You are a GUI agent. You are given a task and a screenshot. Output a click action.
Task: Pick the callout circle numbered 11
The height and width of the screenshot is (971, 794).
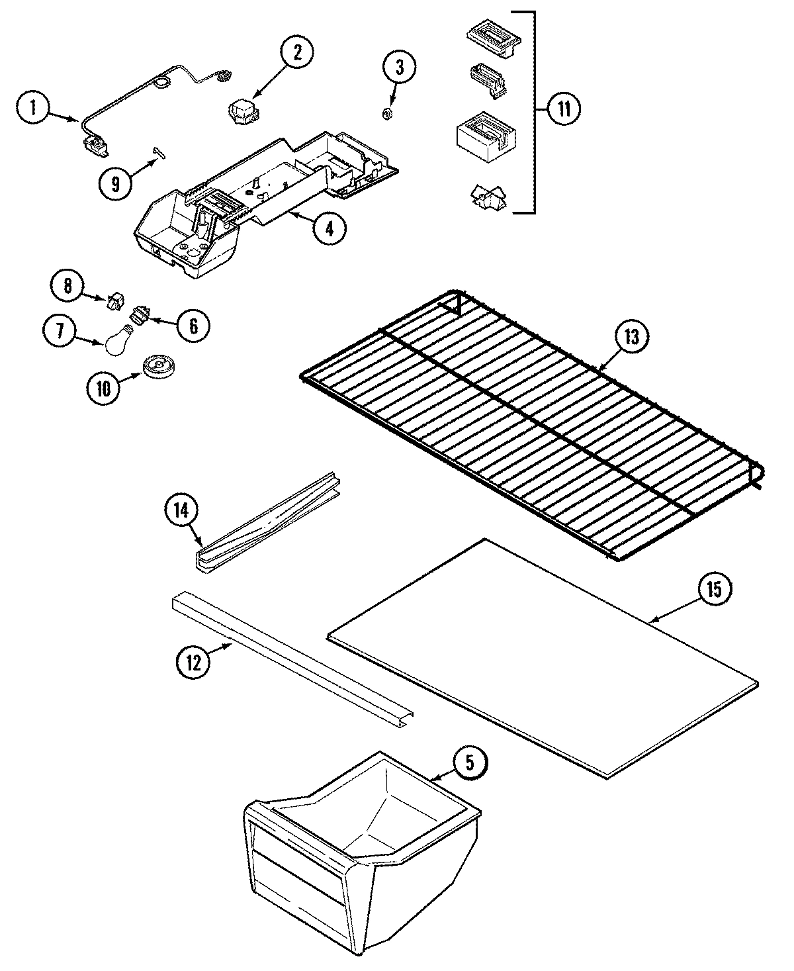[x=563, y=109]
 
